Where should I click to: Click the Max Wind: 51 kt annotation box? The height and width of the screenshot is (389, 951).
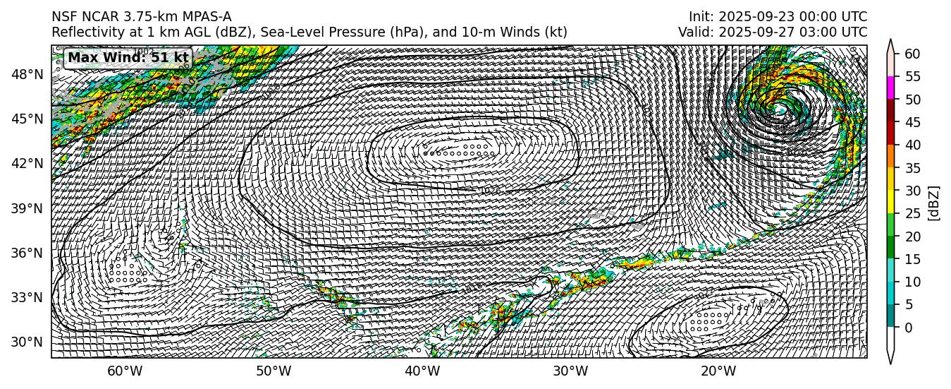click(x=128, y=58)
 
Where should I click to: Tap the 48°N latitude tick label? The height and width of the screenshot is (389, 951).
click(x=29, y=74)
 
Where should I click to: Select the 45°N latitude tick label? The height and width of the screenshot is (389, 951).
click(x=29, y=119)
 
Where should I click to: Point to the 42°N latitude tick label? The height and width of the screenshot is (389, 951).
click(x=29, y=163)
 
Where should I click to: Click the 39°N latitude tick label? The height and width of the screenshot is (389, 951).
click(x=29, y=208)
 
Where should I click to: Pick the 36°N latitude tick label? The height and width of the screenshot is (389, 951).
click(x=29, y=253)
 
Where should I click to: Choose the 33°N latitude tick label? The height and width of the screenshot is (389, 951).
click(x=29, y=297)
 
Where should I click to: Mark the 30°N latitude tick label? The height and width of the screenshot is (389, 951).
click(x=29, y=342)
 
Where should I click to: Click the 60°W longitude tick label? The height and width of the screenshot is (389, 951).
click(x=124, y=372)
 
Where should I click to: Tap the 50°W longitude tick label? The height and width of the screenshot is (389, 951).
click(x=273, y=372)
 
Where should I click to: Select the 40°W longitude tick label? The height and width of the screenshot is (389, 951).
click(x=422, y=372)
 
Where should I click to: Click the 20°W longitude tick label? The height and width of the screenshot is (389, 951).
click(x=718, y=372)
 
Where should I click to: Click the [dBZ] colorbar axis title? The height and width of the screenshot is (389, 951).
click(x=935, y=202)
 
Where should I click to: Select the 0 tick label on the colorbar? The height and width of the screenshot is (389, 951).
click(x=908, y=328)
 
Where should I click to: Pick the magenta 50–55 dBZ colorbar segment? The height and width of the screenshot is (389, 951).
click(x=890, y=88)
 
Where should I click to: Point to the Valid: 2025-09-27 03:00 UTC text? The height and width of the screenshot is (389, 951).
click(x=773, y=32)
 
